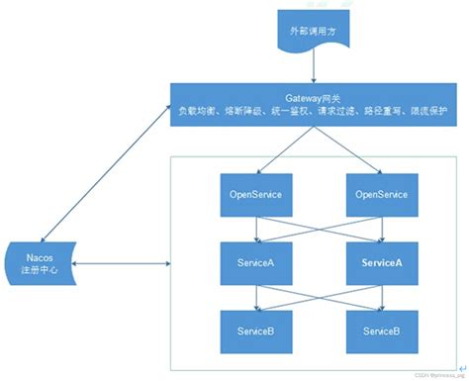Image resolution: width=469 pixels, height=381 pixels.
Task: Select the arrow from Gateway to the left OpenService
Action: point(282,149)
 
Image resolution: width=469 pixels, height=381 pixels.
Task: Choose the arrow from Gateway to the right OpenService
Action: point(346,149)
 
